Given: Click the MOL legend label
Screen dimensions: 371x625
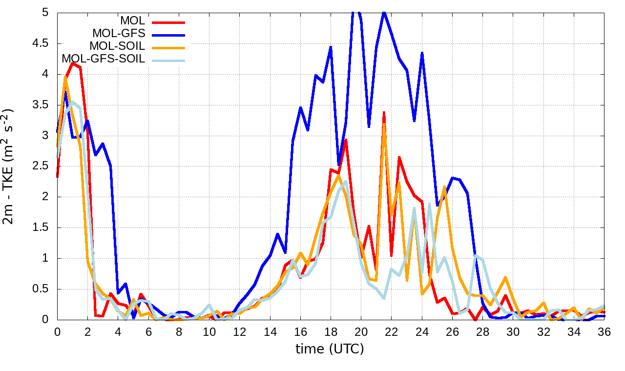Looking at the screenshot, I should (x=133, y=21).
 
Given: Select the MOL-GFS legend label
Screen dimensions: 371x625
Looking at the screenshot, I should (x=119, y=34).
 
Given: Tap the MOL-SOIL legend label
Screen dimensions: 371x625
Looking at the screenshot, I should (x=117, y=46).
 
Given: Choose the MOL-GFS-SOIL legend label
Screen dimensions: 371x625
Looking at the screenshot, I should (x=103, y=59).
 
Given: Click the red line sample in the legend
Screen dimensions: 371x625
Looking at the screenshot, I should (x=168, y=22).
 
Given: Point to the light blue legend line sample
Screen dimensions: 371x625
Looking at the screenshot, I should (x=168, y=60).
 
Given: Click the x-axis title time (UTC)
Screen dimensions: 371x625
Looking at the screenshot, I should (x=330, y=349).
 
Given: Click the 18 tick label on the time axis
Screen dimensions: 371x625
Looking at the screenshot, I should (x=331, y=331).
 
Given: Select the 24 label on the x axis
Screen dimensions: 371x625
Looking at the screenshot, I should (x=422, y=331).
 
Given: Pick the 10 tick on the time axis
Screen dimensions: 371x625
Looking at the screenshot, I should (x=209, y=331).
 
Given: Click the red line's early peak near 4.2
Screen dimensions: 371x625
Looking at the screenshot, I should (x=73, y=63).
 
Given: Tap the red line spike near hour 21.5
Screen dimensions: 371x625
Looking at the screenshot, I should (x=384, y=112).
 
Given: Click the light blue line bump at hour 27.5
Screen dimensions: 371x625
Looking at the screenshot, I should (x=475, y=256).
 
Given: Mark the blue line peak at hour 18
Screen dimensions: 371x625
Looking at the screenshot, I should (x=331, y=47).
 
